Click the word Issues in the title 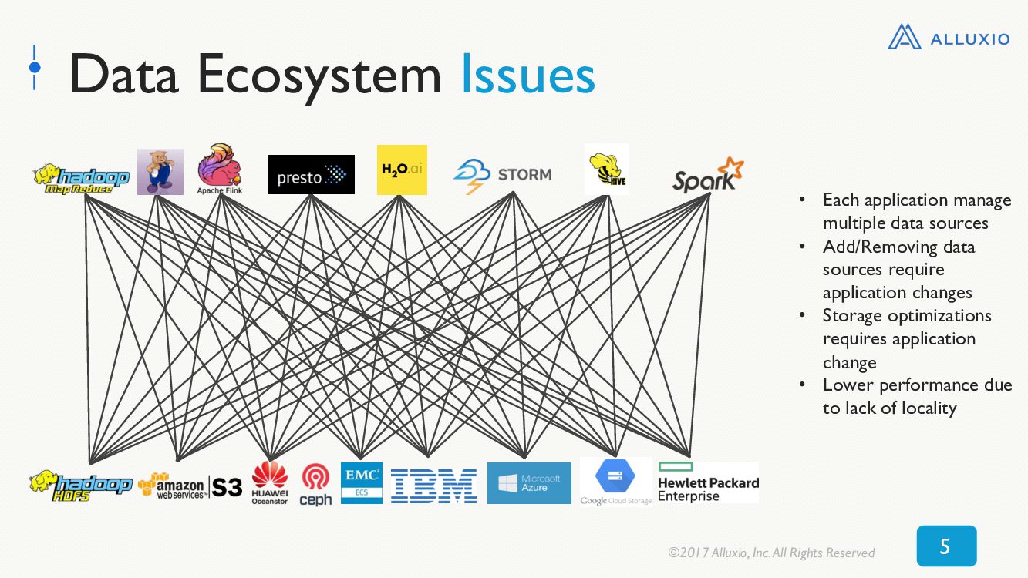[x=528, y=74]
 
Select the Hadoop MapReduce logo [x=81, y=179]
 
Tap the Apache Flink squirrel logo [x=220, y=169]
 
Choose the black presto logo [x=311, y=174]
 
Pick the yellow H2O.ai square [x=402, y=170]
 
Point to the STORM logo [x=503, y=176]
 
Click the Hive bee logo [x=607, y=170]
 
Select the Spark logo [x=708, y=175]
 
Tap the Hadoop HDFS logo [x=81, y=486]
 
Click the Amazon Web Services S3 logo [x=190, y=486]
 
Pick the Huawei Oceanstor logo [x=270, y=482]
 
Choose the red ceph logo [x=315, y=485]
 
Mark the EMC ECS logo [x=362, y=483]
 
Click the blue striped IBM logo [x=433, y=486]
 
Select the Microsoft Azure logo [x=529, y=483]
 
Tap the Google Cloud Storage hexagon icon [x=615, y=476]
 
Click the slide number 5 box [x=947, y=546]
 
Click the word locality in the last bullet [x=929, y=408]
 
